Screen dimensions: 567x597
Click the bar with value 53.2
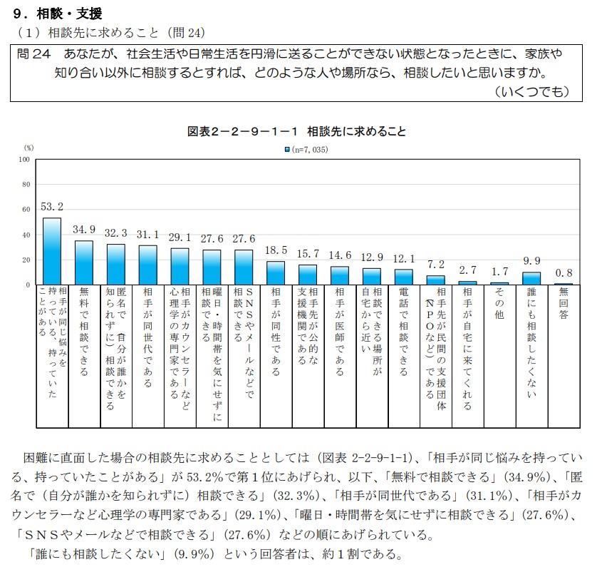click(x=52, y=251)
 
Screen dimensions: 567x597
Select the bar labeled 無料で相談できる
click(x=84, y=262)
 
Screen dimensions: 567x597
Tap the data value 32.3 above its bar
click(x=115, y=233)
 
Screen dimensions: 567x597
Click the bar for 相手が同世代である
click(x=148, y=265)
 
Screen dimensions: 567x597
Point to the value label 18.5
click(x=276, y=250)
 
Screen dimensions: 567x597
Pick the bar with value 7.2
click(x=436, y=280)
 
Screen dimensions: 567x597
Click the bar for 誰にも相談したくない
click(x=532, y=278)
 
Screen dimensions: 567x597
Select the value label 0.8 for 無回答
click(x=564, y=272)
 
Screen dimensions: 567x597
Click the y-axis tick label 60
click(x=26, y=210)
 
